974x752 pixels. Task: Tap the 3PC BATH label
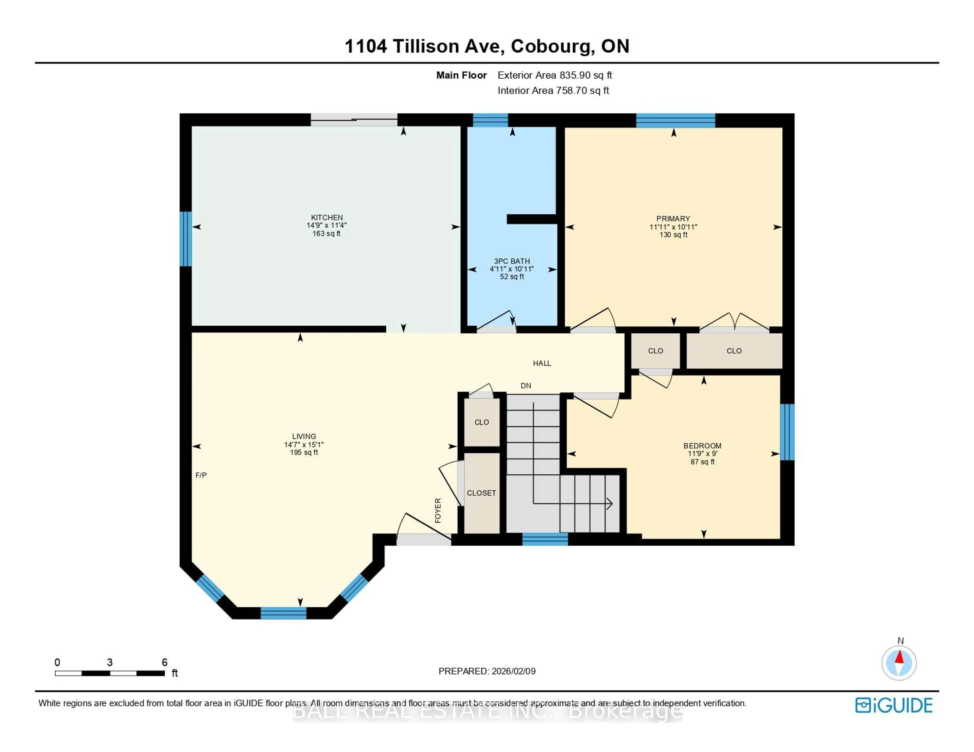coord(512,261)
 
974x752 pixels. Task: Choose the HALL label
coord(542,363)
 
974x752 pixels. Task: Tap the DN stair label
coord(526,386)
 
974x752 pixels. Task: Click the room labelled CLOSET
coord(481,493)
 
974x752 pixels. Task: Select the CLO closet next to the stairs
coord(482,422)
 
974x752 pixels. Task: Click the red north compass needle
coord(899,657)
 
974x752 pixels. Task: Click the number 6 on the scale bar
coord(165,662)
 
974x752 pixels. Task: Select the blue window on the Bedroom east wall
coord(787,432)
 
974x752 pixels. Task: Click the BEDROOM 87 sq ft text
coord(702,462)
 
